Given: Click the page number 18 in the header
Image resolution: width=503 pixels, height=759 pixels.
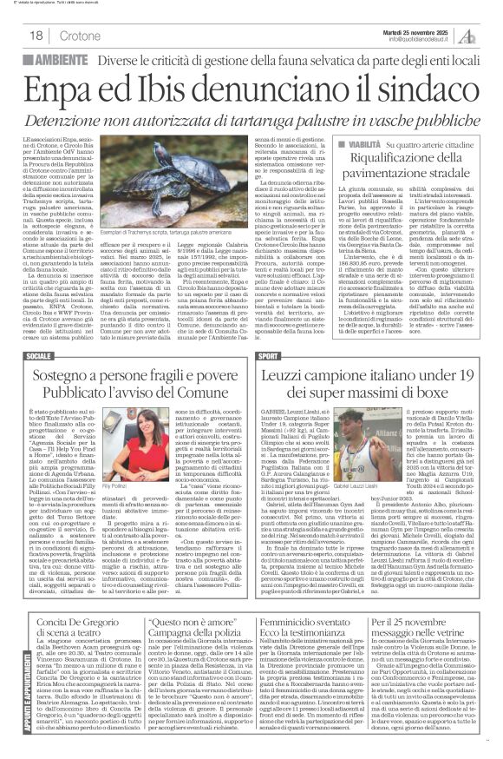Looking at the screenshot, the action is (x=38, y=36).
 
